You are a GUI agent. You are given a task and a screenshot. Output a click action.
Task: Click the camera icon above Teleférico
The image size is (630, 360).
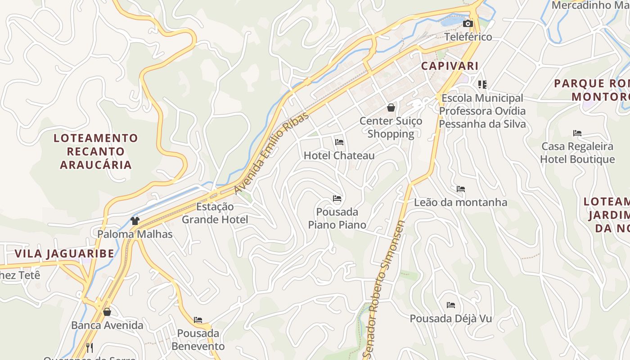point(468,24)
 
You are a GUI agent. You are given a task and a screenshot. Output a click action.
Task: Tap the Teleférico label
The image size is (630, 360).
point(468,37)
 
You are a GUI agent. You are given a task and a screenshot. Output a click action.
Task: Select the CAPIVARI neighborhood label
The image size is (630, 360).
point(450,66)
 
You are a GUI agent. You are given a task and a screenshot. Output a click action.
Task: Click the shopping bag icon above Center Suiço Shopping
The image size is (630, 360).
point(391,108)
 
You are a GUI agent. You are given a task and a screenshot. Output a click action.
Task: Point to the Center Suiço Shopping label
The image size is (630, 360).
point(391,127)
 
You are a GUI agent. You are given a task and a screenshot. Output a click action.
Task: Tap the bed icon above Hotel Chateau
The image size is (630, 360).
point(339,142)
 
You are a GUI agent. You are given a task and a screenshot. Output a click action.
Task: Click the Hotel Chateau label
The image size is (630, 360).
point(339,156)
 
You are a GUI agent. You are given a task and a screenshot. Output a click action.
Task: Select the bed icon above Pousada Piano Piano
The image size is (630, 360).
point(337,198)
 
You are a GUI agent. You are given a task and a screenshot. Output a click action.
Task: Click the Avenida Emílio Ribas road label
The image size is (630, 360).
point(272,153)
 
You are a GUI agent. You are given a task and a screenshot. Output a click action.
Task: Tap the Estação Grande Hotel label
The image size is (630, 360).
point(215,213)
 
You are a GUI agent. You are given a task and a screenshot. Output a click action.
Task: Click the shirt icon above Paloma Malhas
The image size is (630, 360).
point(135,220)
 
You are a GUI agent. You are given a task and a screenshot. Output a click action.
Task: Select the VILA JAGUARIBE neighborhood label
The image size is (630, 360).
point(64,253)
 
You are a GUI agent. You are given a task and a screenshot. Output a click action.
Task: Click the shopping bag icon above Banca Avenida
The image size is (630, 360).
point(107,311)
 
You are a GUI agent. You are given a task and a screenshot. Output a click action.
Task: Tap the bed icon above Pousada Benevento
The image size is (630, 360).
point(198,320)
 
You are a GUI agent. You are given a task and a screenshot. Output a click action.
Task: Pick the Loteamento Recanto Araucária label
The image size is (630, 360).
point(96,151)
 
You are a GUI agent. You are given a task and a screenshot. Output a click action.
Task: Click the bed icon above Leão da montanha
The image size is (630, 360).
point(461,189)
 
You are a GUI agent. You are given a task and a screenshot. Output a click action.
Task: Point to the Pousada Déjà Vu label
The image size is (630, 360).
point(450,319)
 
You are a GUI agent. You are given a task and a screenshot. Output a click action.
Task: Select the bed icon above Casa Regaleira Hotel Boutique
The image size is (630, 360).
point(577,133)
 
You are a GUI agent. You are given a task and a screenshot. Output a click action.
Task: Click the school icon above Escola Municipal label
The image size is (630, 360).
point(482,84)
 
